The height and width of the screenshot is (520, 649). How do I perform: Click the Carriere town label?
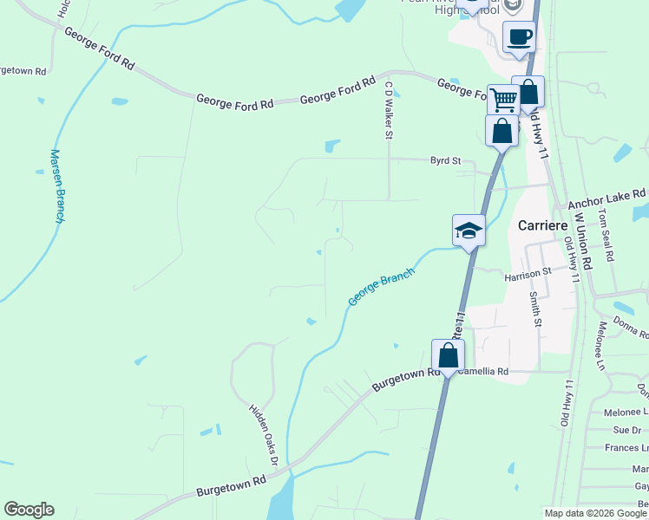pyautogui.click(x=542, y=224)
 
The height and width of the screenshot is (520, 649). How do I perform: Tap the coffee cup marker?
pyautogui.click(x=519, y=37)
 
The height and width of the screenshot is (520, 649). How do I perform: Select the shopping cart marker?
pyautogui.click(x=502, y=100)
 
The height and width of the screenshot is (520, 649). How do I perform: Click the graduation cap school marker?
pyautogui.click(x=469, y=231)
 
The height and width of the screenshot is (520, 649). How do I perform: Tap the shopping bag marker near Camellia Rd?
pyautogui.click(x=448, y=355)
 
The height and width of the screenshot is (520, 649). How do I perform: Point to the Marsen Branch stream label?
pyautogui.click(x=56, y=186)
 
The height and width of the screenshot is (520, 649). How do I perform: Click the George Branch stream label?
pyautogui.click(x=382, y=287)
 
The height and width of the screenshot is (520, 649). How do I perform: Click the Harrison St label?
pyautogui.click(x=528, y=273)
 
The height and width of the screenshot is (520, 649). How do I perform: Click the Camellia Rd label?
pyautogui.click(x=483, y=371)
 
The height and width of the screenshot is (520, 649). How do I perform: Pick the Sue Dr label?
pyautogui.click(x=626, y=430)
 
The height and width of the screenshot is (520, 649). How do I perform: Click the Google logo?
pyautogui.click(x=29, y=510)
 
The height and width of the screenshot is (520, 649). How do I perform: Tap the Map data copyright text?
pyautogui.click(x=594, y=513)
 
